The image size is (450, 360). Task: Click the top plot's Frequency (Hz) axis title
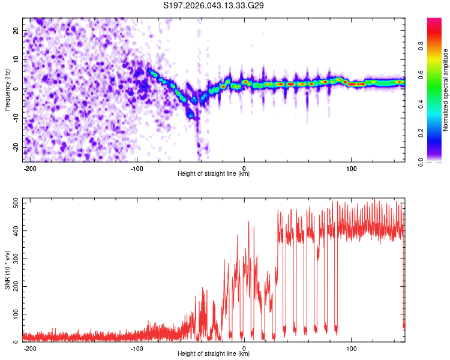[8, 89]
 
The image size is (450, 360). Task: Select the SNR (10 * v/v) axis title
[8, 271]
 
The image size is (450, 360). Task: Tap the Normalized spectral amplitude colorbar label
[446, 89]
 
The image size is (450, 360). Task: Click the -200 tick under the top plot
[30, 167]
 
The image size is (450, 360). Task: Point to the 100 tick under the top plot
[351, 167]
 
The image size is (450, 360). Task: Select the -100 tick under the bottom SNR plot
[137, 347]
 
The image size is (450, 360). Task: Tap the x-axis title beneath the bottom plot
[214, 354]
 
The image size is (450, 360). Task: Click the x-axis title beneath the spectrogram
[214, 174]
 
